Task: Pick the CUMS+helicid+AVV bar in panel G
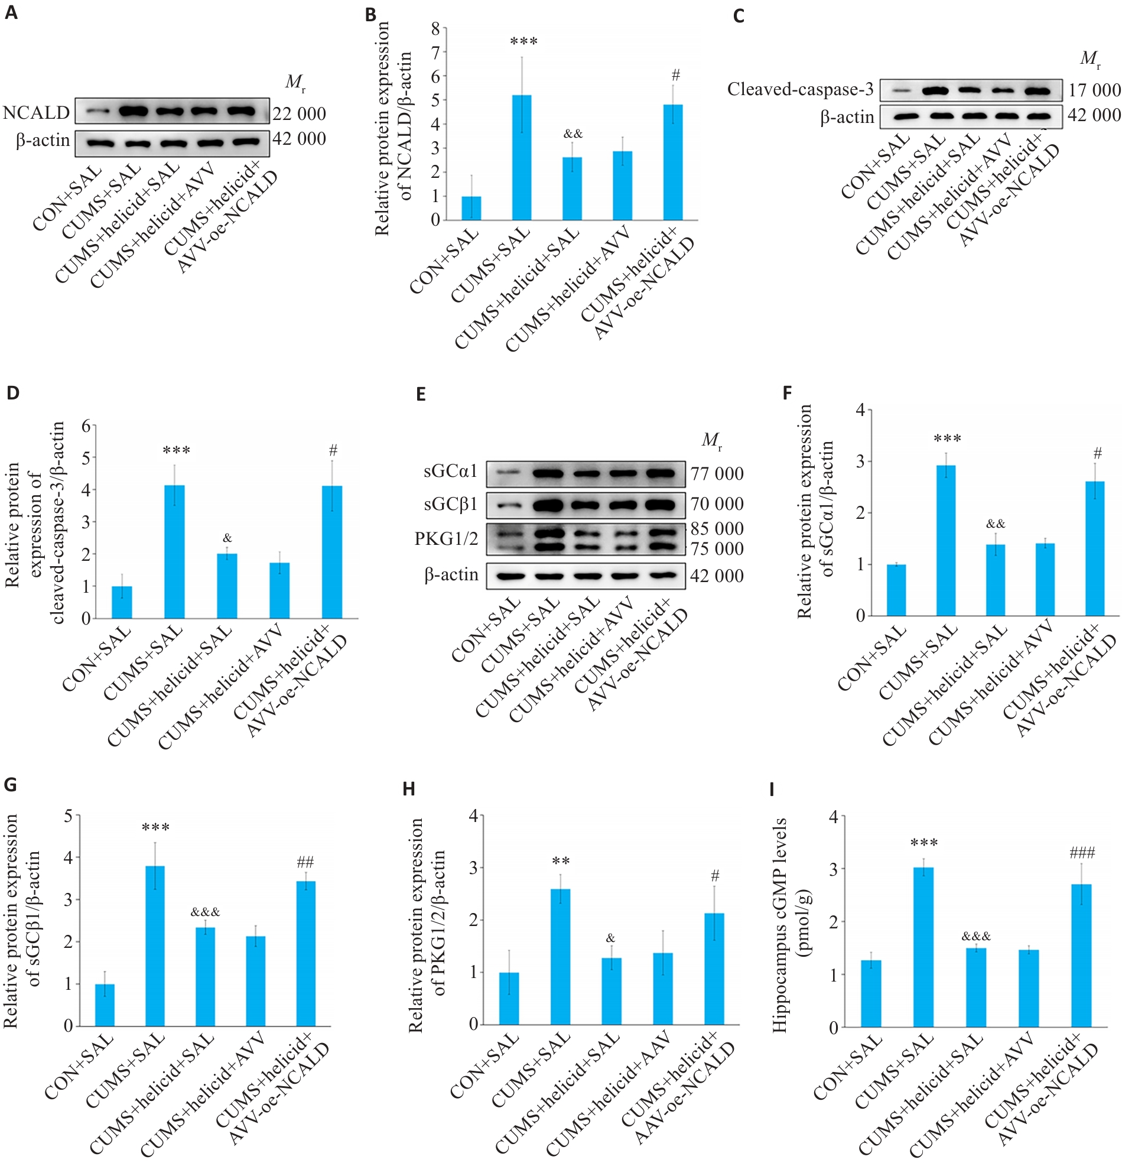[256, 981]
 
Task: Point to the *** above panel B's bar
[523, 41]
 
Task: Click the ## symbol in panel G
[305, 862]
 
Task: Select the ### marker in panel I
[1082, 853]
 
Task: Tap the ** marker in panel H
[561, 861]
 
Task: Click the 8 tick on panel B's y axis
[436, 28]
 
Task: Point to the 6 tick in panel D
[87, 426]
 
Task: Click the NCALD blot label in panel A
[36, 112]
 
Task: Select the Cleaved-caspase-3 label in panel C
[800, 90]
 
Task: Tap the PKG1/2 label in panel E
[445, 539]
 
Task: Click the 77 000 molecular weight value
[717, 473]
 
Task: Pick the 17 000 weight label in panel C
[1094, 90]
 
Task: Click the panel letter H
[408, 789]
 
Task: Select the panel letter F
[787, 394]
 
